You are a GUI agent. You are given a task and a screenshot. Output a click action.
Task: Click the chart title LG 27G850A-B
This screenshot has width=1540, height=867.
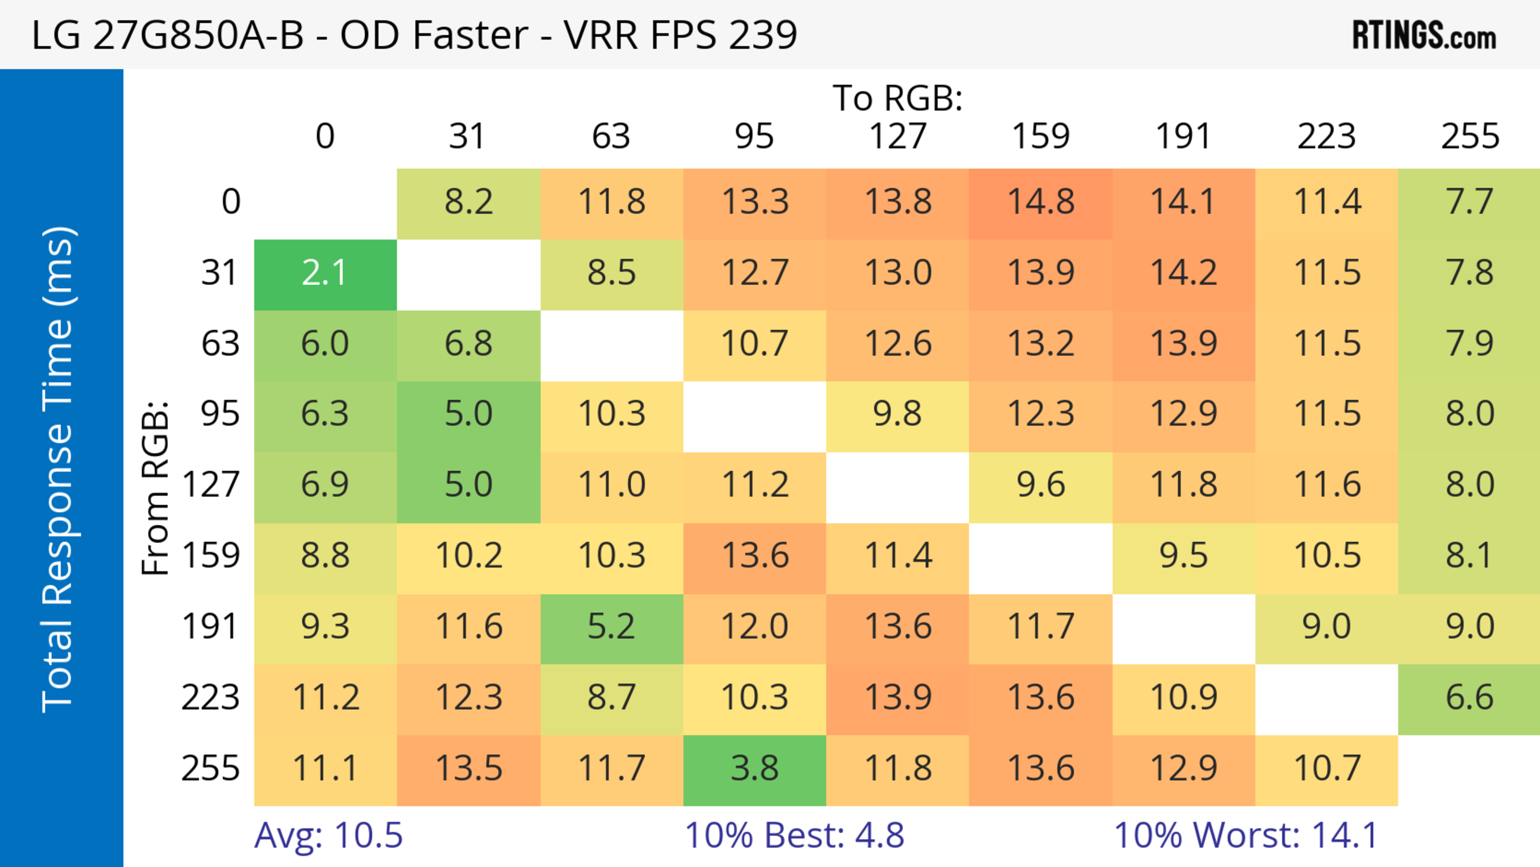click(x=414, y=35)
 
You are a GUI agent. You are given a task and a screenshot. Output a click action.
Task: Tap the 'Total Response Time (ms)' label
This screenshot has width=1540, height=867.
click(x=59, y=470)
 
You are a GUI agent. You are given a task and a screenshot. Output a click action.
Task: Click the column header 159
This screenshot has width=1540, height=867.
click(x=1040, y=137)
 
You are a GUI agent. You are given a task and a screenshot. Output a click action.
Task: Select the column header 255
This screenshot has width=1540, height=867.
click(x=1469, y=137)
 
